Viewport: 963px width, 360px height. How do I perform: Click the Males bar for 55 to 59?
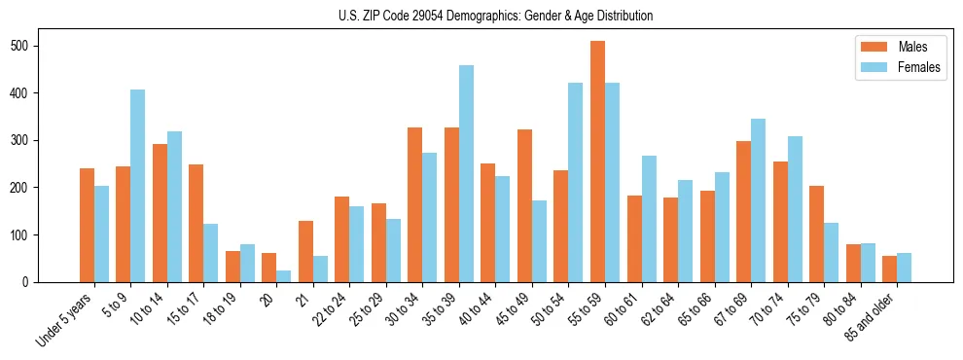pos(597,162)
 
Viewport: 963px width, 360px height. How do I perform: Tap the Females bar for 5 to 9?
pos(137,186)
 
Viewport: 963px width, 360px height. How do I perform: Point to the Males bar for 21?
pos(305,251)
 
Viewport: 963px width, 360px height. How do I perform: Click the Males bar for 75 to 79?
pos(816,234)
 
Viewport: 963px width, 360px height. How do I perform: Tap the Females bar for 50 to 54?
pos(575,182)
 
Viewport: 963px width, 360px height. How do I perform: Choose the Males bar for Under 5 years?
pos(87,225)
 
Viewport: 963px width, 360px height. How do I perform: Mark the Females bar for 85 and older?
pos(904,268)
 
